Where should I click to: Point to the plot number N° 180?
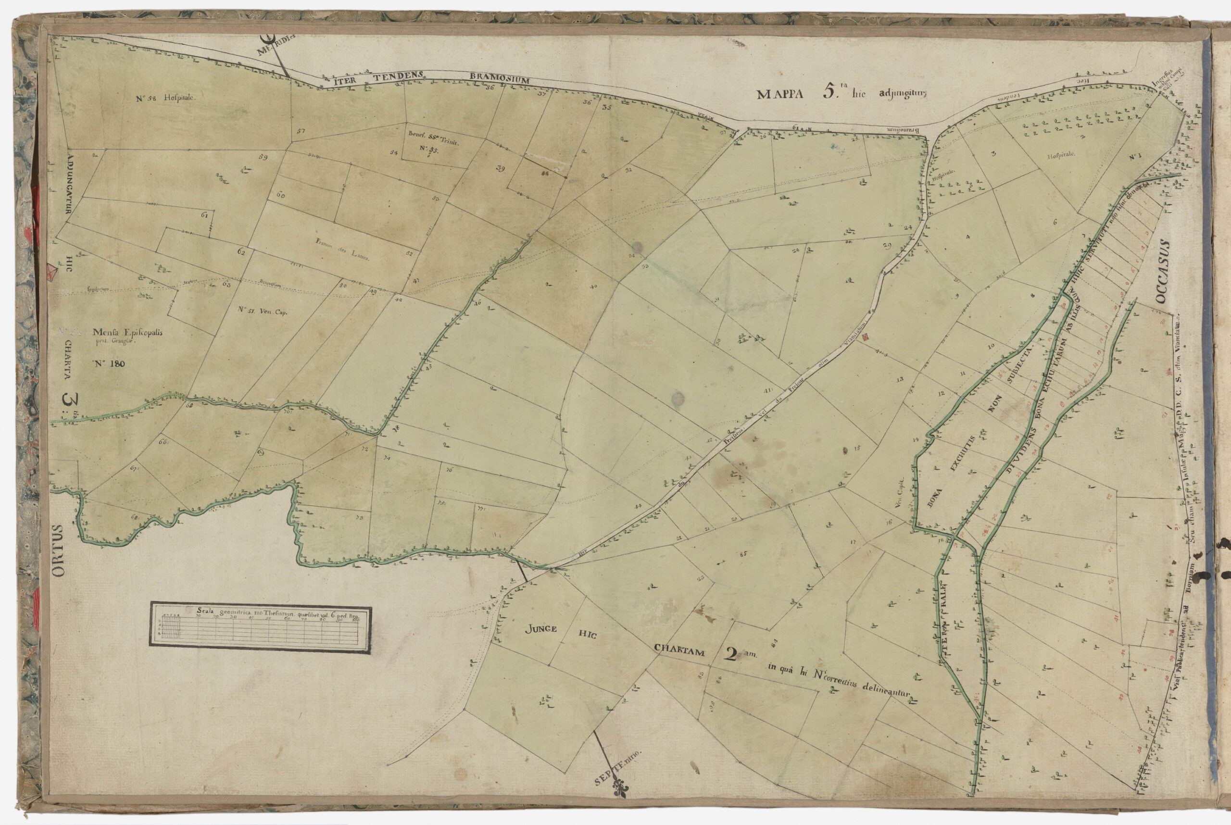110,363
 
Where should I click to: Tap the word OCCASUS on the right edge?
1163,273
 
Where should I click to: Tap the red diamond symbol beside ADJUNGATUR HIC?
52,273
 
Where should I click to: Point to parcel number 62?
241,252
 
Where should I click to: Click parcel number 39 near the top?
500,168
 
